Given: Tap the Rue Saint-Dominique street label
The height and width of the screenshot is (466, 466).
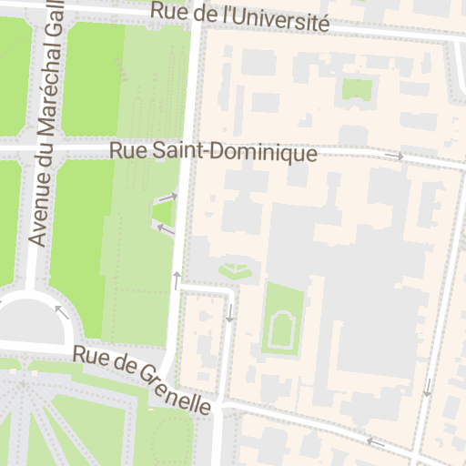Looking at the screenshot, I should [x=213, y=152].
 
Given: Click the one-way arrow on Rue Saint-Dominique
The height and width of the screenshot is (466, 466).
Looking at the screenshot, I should [x=394, y=157].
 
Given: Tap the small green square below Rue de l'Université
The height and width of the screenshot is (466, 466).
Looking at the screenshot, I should [x=358, y=88].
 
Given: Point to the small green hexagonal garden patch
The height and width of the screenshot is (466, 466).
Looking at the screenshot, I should [x=236, y=270].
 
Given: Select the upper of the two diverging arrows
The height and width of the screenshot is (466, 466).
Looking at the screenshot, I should [x=166, y=198].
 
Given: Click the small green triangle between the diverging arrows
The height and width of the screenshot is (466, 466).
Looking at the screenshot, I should [x=163, y=213].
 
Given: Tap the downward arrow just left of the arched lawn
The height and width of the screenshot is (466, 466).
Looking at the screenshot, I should [x=229, y=313].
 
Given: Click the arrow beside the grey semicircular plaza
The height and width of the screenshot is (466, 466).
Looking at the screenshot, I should [x=62, y=312].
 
